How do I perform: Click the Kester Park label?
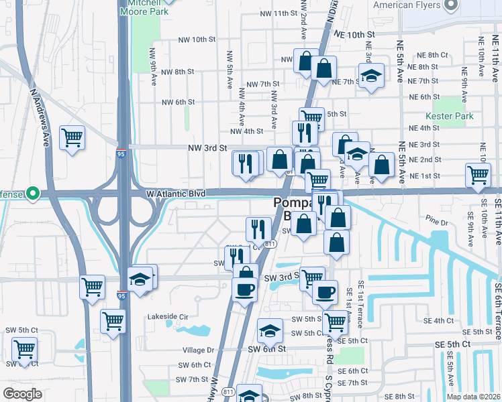[454, 116]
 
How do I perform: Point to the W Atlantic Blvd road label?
[168, 194]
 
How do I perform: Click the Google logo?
[23, 394]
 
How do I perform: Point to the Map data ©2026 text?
[473, 397]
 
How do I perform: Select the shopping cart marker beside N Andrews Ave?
[72, 138]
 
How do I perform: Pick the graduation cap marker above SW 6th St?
[270, 331]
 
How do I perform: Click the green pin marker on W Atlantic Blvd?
[31, 194]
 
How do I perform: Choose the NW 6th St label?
[179, 102]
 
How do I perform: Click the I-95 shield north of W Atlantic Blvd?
[121, 153]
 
